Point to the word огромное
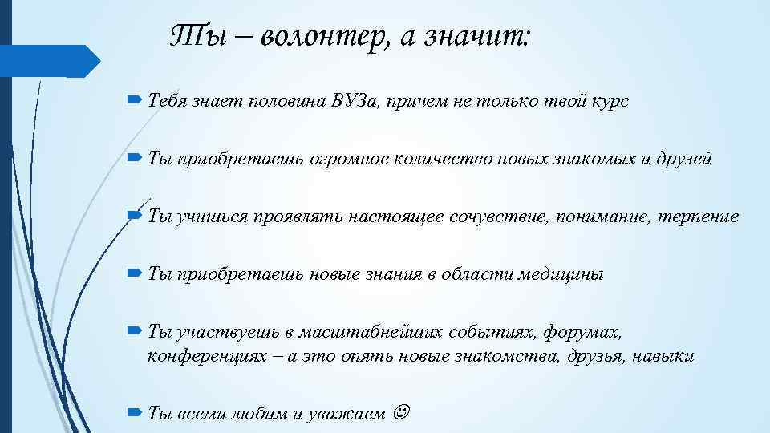pyautogui.click(x=349, y=159)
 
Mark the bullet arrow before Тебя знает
pyautogui.click(x=133, y=101)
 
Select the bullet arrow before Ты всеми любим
pyautogui.click(x=133, y=412)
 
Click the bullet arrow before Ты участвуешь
pyautogui.click(x=133, y=331)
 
